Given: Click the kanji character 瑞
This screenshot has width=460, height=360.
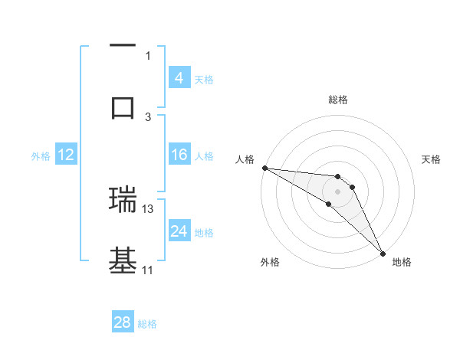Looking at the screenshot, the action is click(123, 198).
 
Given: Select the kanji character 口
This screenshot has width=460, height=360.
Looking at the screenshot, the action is click(123, 107).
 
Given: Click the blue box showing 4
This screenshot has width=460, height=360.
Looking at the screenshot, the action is click(179, 77).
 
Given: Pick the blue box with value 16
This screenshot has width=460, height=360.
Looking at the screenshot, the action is click(179, 155).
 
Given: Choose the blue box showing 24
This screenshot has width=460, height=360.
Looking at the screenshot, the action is click(179, 231).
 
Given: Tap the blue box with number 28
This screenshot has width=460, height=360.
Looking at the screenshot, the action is click(123, 322).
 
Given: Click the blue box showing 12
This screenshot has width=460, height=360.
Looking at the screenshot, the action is click(66, 155).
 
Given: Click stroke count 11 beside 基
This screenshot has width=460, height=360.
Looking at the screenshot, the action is click(148, 270).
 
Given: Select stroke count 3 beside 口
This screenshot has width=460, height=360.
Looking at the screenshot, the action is click(149, 116).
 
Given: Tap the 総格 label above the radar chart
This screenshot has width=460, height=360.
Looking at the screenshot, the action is click(337, 100).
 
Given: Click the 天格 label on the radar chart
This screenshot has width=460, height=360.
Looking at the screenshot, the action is click(431, 159).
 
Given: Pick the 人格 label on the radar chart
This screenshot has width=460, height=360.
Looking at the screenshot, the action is click(244, 159).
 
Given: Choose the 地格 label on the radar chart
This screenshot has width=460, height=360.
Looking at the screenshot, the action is click(402, 262).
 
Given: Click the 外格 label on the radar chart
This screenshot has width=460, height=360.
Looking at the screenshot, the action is click(270, 262).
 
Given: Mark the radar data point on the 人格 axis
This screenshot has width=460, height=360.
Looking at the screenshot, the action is click(264, 168).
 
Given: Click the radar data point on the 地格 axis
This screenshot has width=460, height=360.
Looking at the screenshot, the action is click(383, 252).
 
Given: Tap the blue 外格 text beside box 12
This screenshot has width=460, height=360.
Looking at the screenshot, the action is click(41, 155).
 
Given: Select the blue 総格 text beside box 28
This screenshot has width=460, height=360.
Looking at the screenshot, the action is click(147, 324).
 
